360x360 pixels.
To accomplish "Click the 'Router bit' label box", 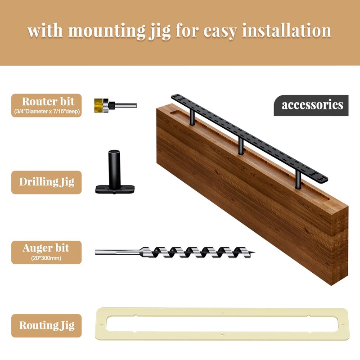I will [x=47, y=105].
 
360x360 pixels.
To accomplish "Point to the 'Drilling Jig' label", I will [x=47, y=182].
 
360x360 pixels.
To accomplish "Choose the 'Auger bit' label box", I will [x=47, y=252].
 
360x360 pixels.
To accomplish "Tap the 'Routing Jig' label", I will [x=47, y=325].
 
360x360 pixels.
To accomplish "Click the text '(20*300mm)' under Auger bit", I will [x=47, y=258].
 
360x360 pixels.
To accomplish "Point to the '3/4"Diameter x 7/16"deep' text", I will [x=47, y=112].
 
